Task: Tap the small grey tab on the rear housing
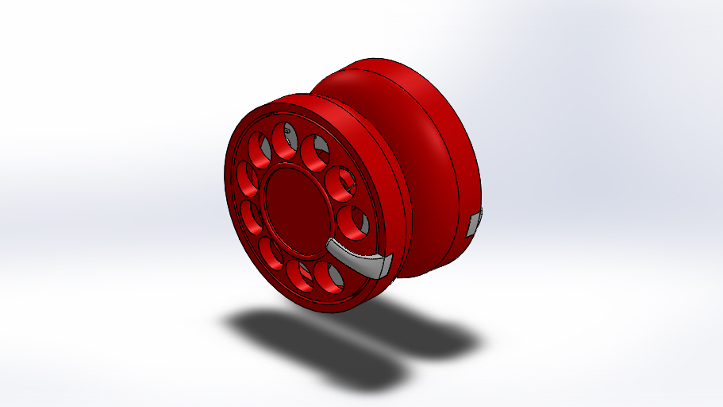click(x=473, y=224)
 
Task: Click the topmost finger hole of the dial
click(x=284, y=141)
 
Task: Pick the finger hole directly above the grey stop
click(x=352, y=222)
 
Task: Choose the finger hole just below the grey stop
click(x=328, y=275)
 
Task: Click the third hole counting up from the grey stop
click(x=315, y=152)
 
